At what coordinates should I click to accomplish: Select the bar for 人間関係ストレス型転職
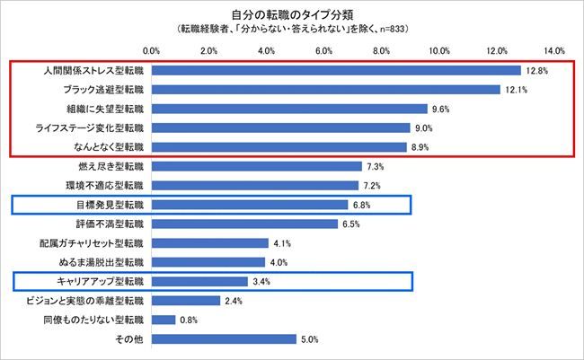(336, 70)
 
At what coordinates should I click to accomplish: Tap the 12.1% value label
(517, 90)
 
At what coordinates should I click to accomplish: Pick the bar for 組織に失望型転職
(289, 109)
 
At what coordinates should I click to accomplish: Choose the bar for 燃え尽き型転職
(256, 167)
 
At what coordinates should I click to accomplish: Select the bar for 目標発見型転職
(249, 205)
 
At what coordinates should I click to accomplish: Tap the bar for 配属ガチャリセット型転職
(210, 243)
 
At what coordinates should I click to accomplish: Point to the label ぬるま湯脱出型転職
(102, 262)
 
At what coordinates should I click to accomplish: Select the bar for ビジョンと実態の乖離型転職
(186, 301)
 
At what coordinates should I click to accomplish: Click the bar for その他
(224, 339)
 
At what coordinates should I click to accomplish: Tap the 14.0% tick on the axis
(553, 49)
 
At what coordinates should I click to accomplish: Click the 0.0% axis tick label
(152, 49)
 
